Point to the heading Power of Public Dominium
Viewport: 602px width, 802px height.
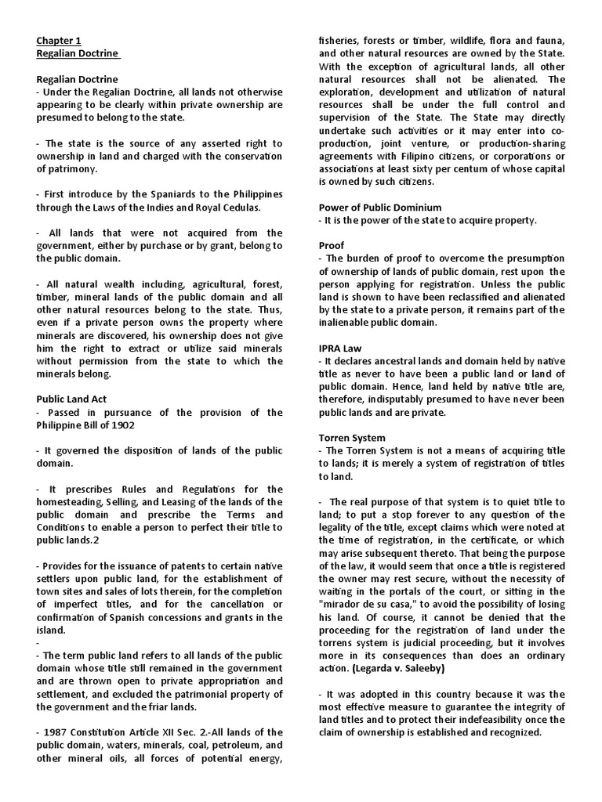tap(379, 207)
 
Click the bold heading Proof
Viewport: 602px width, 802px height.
tap(332, 245)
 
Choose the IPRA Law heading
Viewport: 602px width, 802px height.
tap(339, 347)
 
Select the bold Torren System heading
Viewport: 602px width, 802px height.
tap(351, 437)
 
